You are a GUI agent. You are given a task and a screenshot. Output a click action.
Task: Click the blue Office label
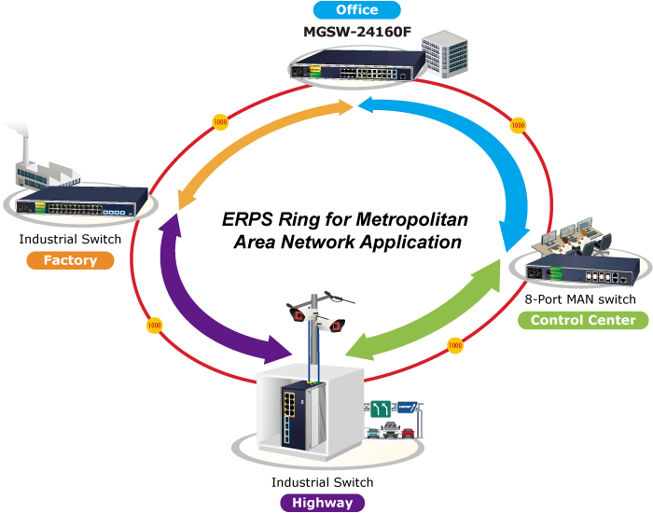pyautogui.click(x=357, y=10)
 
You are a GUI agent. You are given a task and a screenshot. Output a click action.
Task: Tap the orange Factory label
pyautogui.click(x=71, y=260)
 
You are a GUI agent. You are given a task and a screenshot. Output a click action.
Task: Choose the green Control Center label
pyautogui.click(x=582, y=321)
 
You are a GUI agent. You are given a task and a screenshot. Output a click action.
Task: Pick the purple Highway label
pyautogui.click(x=322, y=503)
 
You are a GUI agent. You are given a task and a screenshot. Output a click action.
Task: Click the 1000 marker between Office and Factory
pyautogui.click(x=220, y=122)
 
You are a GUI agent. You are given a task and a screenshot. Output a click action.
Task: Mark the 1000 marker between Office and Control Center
pyautogui.click(x=518, y=123)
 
